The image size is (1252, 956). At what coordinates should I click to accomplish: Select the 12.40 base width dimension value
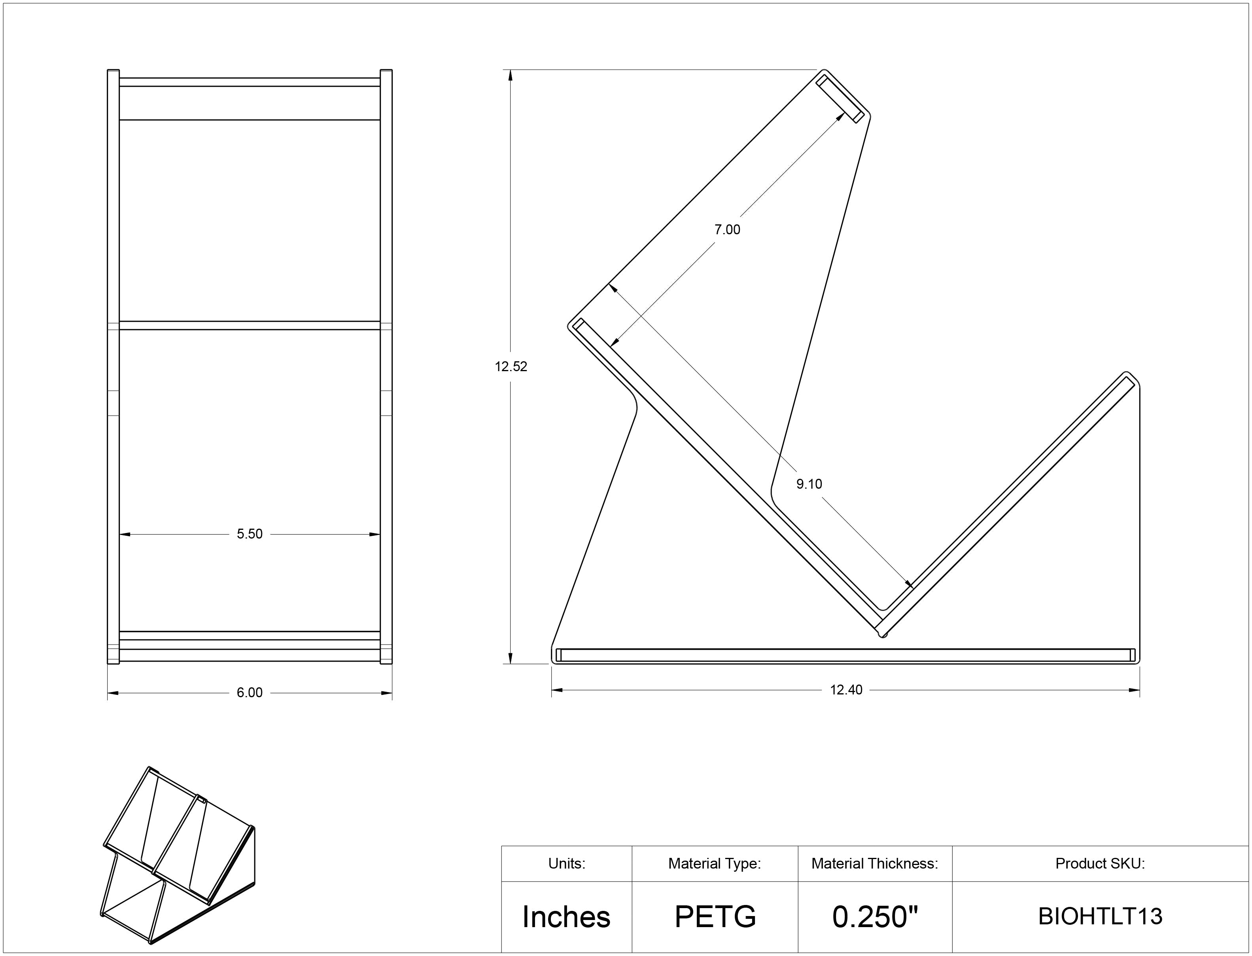[846, 690]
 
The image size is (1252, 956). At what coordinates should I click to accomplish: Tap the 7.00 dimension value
[727, 230]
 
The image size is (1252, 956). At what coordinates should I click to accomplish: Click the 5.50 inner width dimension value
[250, 534]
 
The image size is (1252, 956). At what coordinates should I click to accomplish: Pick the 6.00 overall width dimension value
[250, 692]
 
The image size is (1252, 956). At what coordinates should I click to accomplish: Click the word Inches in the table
[566, 917]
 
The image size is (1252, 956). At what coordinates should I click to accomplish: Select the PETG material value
[715, 917]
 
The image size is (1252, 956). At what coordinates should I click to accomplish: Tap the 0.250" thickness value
[875, 917]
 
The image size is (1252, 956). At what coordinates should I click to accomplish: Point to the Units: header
[566, 864]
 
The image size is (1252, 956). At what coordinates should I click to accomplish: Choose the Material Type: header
[715, 864]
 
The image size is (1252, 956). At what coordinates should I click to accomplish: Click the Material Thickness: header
[874, 864]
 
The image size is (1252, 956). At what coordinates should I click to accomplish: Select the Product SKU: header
[1100, 864]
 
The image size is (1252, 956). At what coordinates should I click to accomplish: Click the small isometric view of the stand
[178, 855]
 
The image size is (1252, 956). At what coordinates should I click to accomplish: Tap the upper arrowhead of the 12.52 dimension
[511, 76]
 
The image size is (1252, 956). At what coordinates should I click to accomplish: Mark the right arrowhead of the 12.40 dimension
[1134, 690]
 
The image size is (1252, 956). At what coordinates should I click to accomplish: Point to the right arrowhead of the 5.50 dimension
[374, 534]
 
